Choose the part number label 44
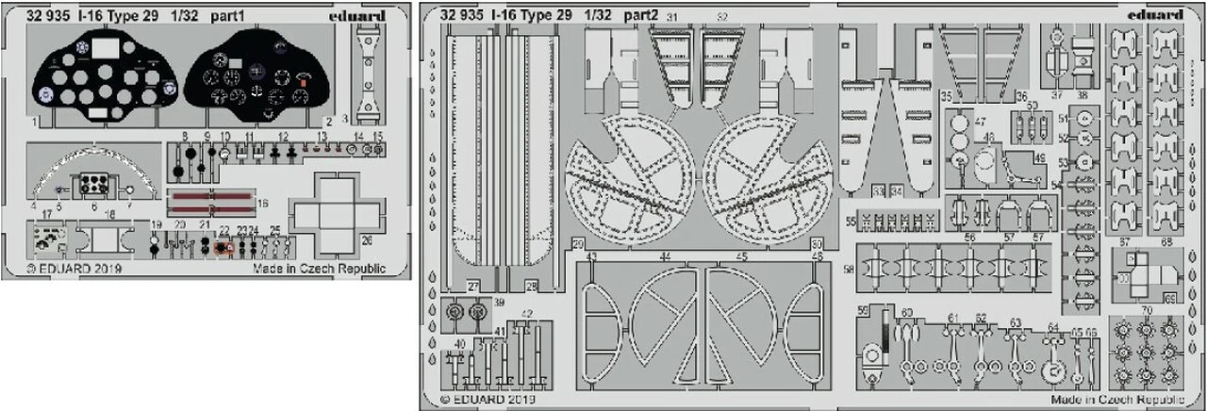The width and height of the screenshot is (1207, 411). point(667,256)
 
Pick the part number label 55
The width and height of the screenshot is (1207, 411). point(850,222)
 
